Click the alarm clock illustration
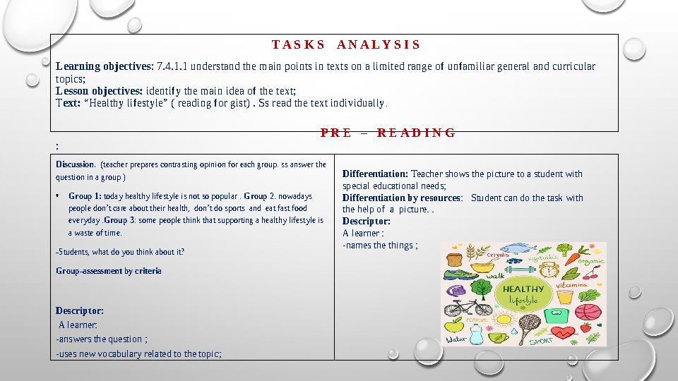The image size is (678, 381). tap(547, 271)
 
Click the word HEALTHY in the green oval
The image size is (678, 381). tap(523, 289)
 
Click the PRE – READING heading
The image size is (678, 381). tap(388, 133)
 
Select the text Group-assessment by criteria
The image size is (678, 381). tap(108, 271)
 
